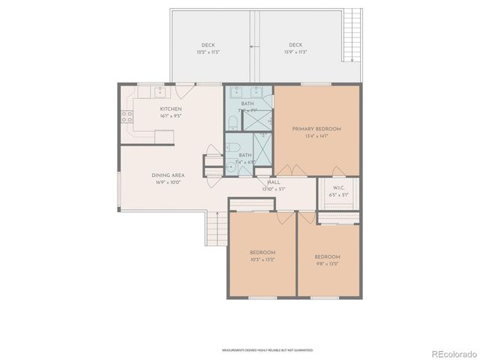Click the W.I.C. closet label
click(338, 188)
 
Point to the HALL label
click(274, 182)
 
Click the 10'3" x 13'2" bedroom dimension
click(262, 259)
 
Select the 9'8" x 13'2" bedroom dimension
click(327, 264)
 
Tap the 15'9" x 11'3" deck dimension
click(296, 52)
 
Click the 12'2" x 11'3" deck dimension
click(208, 52)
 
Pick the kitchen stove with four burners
click(127, 116)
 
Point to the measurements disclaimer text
click(267, 350)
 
